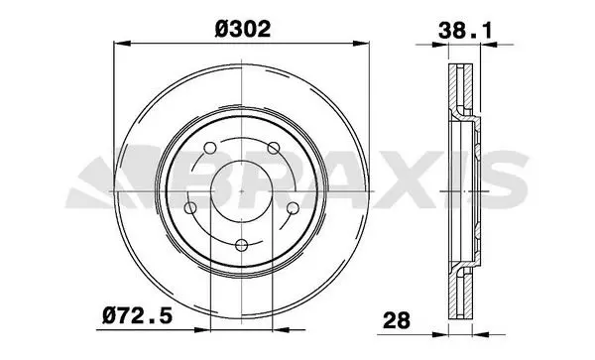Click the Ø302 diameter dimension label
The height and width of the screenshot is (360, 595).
(x=243, y=29)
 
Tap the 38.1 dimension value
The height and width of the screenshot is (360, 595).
(x=465, y=31)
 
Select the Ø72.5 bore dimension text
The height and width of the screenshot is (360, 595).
(x=138, y=316)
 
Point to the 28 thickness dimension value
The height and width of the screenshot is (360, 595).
(x=397, y=320)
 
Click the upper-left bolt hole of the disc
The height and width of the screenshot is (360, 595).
(x=210, y=148)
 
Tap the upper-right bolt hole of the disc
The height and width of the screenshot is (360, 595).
(x=274, y=148)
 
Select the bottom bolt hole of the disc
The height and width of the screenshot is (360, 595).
(x=242, y=245)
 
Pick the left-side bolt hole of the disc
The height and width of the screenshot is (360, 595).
(x=190, y=208)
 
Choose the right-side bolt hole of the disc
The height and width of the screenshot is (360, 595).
(x=293, y=208)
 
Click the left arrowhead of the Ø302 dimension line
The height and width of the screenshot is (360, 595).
(x=122, y=44)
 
